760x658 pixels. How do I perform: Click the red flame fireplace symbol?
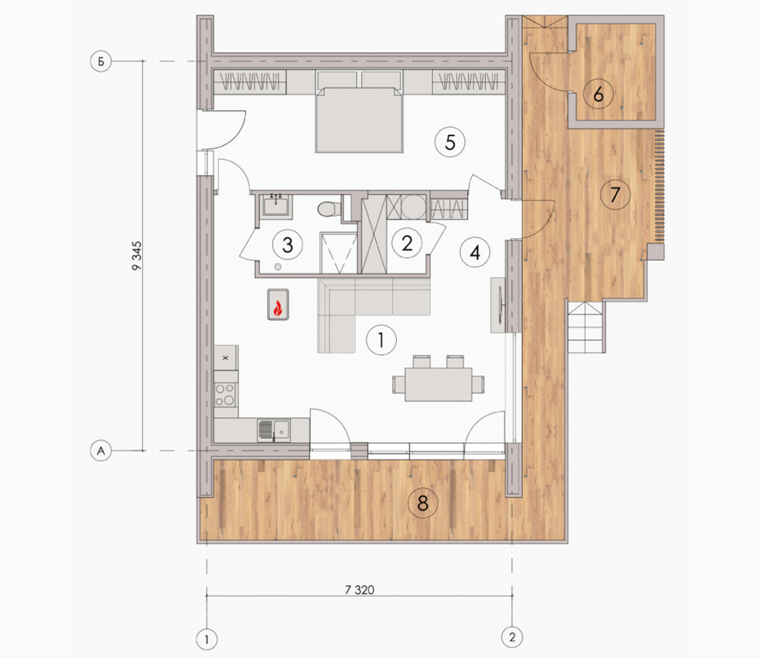pos(278,304)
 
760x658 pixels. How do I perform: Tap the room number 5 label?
pos(450,142)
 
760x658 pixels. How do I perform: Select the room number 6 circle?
pos(598,95)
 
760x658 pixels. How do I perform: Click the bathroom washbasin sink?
pos(276,206)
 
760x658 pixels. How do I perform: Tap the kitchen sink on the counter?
pos(274,431)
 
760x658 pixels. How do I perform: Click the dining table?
pos(438,384)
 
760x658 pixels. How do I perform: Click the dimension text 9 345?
pos(137,256)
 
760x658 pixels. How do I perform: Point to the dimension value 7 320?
pos(360,590)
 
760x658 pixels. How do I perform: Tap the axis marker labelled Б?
pos(101,61)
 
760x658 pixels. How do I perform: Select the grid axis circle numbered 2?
pos(512,637)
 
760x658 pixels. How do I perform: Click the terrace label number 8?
pos(423,503)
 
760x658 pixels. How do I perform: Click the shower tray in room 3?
pos(338,252)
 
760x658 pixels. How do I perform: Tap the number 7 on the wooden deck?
pos(615,195)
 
